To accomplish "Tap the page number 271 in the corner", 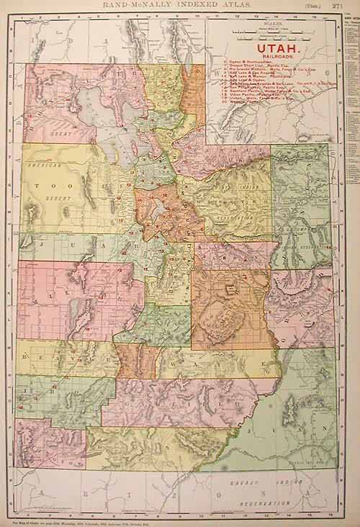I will pos(351,6).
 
